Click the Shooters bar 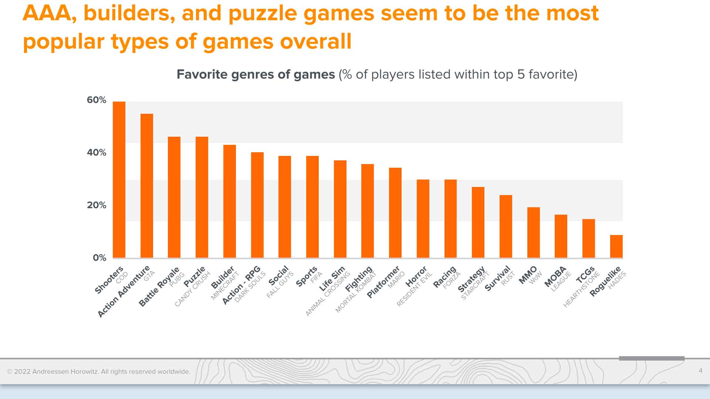pyautogui.click(x=119, y=180)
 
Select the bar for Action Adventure pyautogui.click(x=147, y=186)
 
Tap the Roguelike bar pyautogui.click(x=616, y=246)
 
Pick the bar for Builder pyautogui.click(x=230, y=201)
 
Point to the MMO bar pyautogui.click(x=533, y=232)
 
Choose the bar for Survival pyautogui.click(x=506, y=226)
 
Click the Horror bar pyautogui.click(x=423, y=219)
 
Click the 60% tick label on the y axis pyautogui.click(x=97, y=100)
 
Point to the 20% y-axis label pyautogui.click(x=97, y=205)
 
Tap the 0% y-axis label pyautogui.click(x=99, y=258)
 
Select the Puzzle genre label pyautogui.click(x=195, y=277)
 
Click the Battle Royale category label pyautogui.click(x=159, y=287)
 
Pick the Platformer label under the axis pyautogui.click(x=383, y=282)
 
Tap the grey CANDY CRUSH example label pyautogui.click(x=192, y=289)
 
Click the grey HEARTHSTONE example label pyautogui.click(x=581, y=290)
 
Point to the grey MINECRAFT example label pyautogui.click(x=225, y=286)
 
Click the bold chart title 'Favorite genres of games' pyautogui.click(x=256, y=75)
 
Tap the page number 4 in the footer pyautogui.click(x=700, y=371)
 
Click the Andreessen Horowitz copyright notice pyautogui.click(x=99, y=372)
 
